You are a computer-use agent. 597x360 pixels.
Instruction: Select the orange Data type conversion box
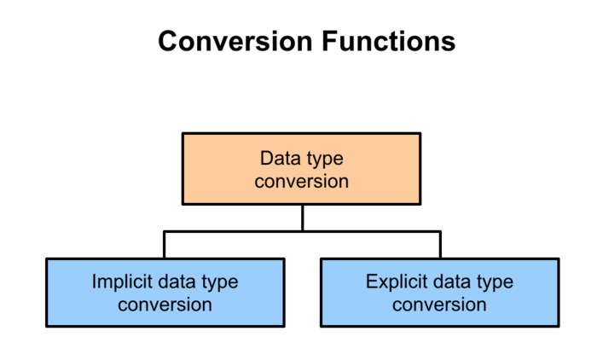pos(302,169)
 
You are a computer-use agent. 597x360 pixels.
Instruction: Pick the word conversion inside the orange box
pos(302,181)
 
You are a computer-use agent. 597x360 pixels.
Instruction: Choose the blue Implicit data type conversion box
pos(165,292)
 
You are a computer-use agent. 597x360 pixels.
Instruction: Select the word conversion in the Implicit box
pos(165,304)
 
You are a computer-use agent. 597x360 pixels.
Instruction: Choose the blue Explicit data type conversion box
pos(440,292)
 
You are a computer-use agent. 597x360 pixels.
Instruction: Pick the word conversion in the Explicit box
pos(440,304)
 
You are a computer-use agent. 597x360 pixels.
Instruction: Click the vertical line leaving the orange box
pos(302,218)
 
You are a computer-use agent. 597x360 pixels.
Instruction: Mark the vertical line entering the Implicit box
pos(165,245)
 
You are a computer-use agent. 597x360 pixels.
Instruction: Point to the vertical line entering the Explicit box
pos(440,245)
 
